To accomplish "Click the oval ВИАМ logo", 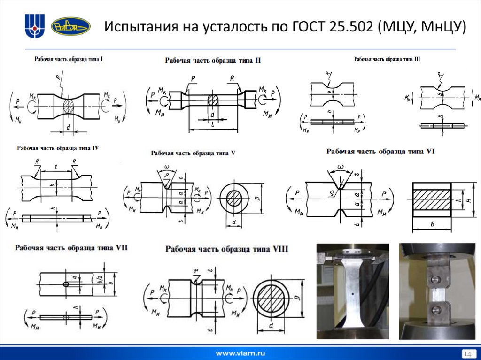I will point(70,26).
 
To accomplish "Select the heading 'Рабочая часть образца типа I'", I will point(69,60).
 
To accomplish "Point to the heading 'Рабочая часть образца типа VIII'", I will point(227,249).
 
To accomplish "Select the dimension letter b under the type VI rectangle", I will point(431,224).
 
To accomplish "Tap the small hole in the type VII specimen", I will point(66,285).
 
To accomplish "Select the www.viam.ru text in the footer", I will point(240,352).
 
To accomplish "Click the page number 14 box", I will point(467,353).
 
